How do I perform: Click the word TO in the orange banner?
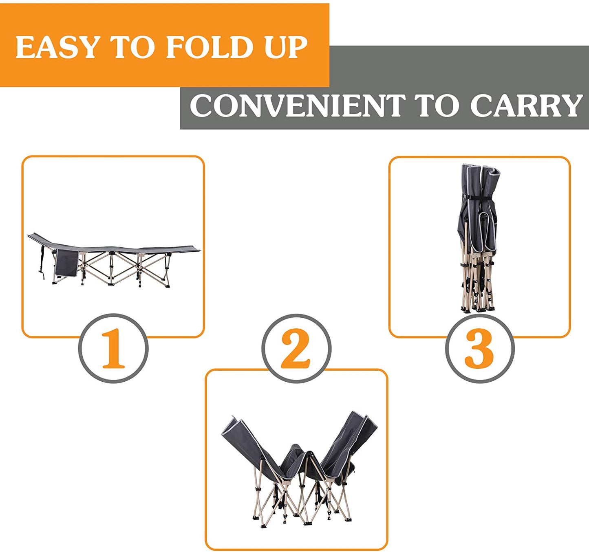[x=132, y=47]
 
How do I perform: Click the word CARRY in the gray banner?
[x=526, y=106]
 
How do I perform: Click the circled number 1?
[x=113, y=348]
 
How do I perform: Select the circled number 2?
[x=296, y=348]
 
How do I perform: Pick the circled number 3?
[x=479, y=348]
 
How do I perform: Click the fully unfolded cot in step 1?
[x=114, y=259]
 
